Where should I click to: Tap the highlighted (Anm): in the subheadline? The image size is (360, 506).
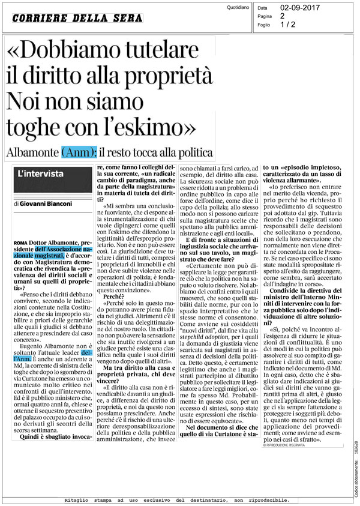[79, 152]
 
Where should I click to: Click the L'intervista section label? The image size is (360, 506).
[41, 173]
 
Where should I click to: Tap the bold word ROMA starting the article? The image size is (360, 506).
[19, 224]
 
